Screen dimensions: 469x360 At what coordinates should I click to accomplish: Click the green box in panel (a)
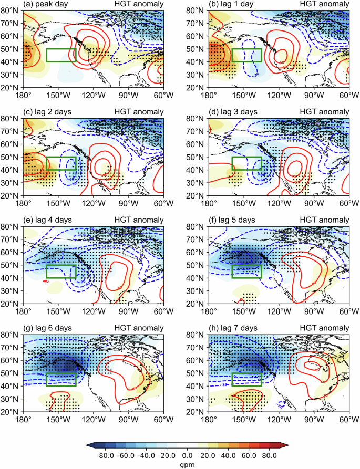click(61, 55)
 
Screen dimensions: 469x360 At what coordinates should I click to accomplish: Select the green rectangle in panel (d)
click(246, 163)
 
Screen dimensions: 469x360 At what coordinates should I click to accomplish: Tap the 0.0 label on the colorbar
click(187, 455)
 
